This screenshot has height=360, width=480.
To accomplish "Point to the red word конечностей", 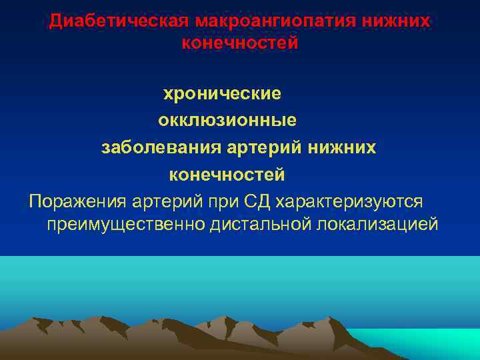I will [x=239, y=43].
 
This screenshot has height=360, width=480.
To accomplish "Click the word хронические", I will [x=223, y=93].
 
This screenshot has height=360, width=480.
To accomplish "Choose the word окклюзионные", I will [x=227, y=121].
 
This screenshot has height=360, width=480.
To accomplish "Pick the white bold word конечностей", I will [x=227, y=175].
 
